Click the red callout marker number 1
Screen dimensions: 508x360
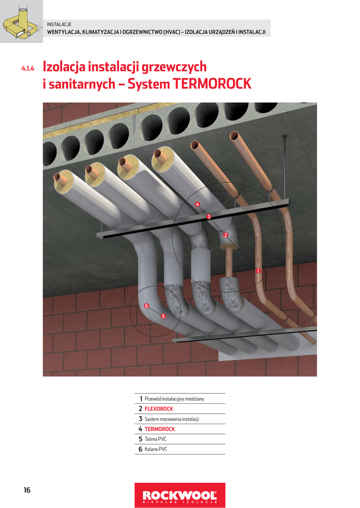pos(258,270)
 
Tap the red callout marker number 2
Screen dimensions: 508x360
pos(225,235)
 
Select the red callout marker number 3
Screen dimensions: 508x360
pos(209,217)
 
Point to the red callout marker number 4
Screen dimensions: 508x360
pos(197,204)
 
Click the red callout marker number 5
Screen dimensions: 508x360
pos(163,316)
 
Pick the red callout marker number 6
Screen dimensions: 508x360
pos(146,306)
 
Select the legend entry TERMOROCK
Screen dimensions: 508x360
pos(159,429)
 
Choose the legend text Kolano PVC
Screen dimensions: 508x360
pos(156,449)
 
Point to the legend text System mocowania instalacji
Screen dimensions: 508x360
pos(171,419)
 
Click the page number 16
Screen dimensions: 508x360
pos(27,490)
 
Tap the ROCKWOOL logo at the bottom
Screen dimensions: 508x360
pos(180,495)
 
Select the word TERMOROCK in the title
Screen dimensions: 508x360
pos(212,84)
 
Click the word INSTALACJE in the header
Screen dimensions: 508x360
pos(59,24)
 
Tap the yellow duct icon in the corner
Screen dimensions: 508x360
pos(20,22)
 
